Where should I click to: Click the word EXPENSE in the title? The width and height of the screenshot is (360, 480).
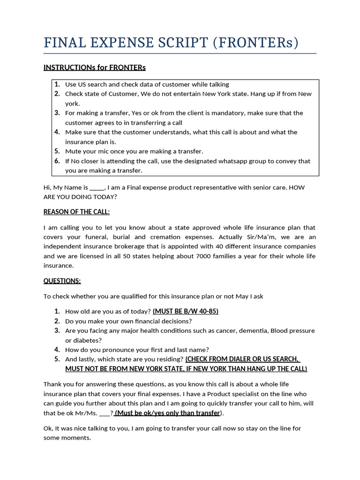tap(112, 43)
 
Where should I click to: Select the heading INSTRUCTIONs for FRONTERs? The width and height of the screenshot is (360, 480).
tap(95, 67)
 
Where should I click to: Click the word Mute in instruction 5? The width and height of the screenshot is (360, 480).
tap(73, 151)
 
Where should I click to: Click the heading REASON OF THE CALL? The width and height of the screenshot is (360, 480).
tap(76, 212)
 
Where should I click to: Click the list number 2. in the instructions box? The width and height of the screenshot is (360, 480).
tap(57, 94)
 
